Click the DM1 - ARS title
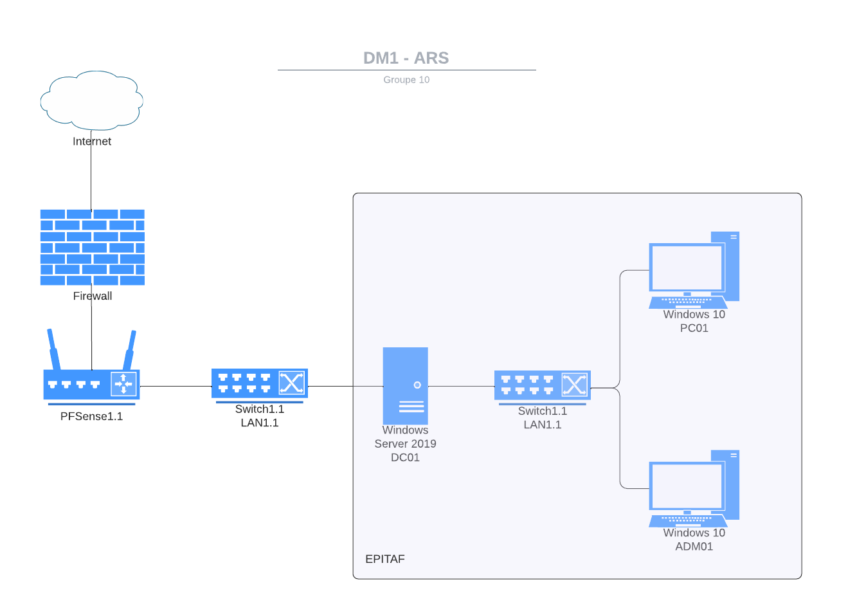[x=406, y=58]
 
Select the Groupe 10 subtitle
[x=406, y=80]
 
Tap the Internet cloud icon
[x=91, y=100]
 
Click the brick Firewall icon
[x=92, y=247]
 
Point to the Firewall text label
[x=93, y=297]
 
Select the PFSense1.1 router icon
[x=91, y=384]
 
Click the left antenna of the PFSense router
[x=53, y=349]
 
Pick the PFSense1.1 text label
[x=91, y=417]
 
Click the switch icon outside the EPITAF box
[x=260, y=383]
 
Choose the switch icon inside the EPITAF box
[x=543, y=385]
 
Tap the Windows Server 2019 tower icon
[x=405, y=386]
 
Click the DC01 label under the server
[x=405, y=458]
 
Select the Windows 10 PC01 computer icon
[x=693, y=270]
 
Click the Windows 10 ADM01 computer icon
[x=693, y=488]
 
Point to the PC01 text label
[x=694, y=328]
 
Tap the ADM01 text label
[x=694, y=547]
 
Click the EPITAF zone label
[x=385, y=559]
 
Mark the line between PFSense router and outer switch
[x=176, y=387]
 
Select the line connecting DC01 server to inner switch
[x=461, y=387]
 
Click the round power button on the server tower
[x=417, y=385]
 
